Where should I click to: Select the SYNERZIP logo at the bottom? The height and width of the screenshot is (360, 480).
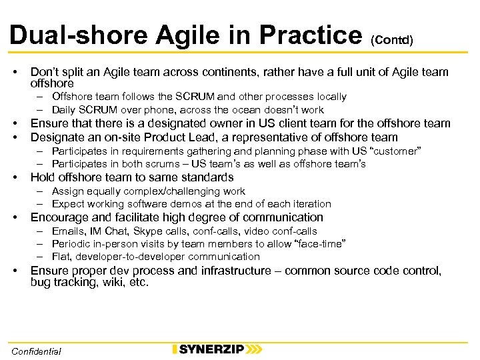point(217,349)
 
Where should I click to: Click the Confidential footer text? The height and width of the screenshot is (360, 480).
point(36,351)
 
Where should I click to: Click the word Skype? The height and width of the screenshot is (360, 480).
point(147,231)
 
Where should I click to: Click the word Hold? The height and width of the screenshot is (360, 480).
point(43,177)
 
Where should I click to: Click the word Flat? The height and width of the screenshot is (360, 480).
point(61,256)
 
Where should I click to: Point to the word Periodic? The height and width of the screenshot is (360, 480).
point(72,243)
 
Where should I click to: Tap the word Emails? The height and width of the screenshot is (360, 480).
point(68,231)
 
